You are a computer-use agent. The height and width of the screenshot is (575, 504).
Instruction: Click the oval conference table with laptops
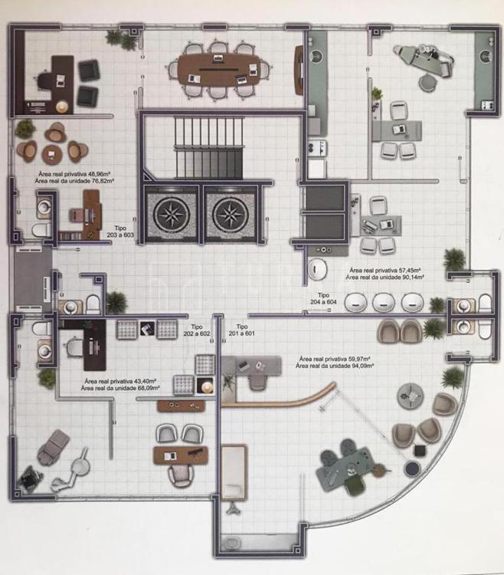(218, 71)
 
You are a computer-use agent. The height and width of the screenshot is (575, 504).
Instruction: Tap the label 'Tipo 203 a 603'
(120, 232)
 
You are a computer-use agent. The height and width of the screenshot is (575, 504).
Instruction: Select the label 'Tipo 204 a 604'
(323, 298)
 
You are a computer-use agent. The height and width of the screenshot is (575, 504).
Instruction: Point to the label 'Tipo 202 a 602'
(197, 330)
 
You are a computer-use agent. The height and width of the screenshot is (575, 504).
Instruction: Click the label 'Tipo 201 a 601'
(242, 330)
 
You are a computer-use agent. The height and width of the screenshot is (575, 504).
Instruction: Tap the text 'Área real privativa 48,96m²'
(75, 174)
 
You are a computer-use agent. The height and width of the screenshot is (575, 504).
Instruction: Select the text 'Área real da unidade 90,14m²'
(385, 278)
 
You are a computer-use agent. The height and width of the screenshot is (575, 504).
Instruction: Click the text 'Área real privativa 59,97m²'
(335, 359)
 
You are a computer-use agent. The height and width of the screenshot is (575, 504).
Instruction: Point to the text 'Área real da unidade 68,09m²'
(120, 388)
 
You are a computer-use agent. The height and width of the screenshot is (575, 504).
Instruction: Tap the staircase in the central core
(209, 147)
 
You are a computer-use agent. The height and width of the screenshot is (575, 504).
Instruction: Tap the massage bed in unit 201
(234, 472)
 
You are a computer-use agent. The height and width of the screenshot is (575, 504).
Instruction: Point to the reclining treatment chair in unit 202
(54, 447)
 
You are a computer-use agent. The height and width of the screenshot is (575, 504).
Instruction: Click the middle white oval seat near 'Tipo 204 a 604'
(384, 303)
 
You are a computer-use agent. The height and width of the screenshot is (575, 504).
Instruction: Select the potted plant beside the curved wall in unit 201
(453, 377)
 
